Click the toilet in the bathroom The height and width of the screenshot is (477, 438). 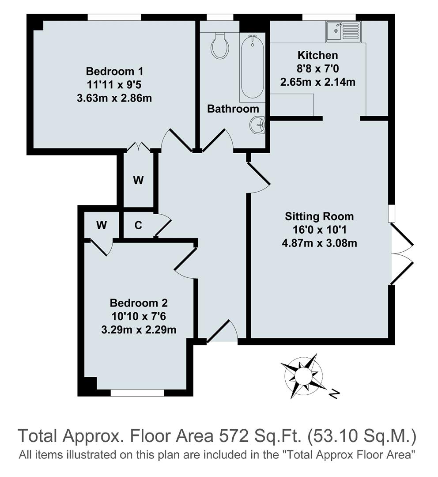(219, 45)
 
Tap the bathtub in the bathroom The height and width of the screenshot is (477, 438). (252, 67)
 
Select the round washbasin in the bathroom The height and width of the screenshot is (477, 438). (257, 125)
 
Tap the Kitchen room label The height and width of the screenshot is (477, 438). (317, 55)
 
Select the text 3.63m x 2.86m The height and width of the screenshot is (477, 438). (114, 98)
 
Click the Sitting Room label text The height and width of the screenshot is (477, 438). (319, 216)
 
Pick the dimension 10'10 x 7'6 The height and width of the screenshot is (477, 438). (139, 316)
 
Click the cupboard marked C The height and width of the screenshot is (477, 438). (138, 225)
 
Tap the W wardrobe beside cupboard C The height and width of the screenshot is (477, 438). (102, 225)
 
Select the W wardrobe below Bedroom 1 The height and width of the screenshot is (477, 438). (138, 180)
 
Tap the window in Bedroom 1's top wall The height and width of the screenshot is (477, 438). (114, 17)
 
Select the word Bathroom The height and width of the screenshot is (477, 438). (233, 109)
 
